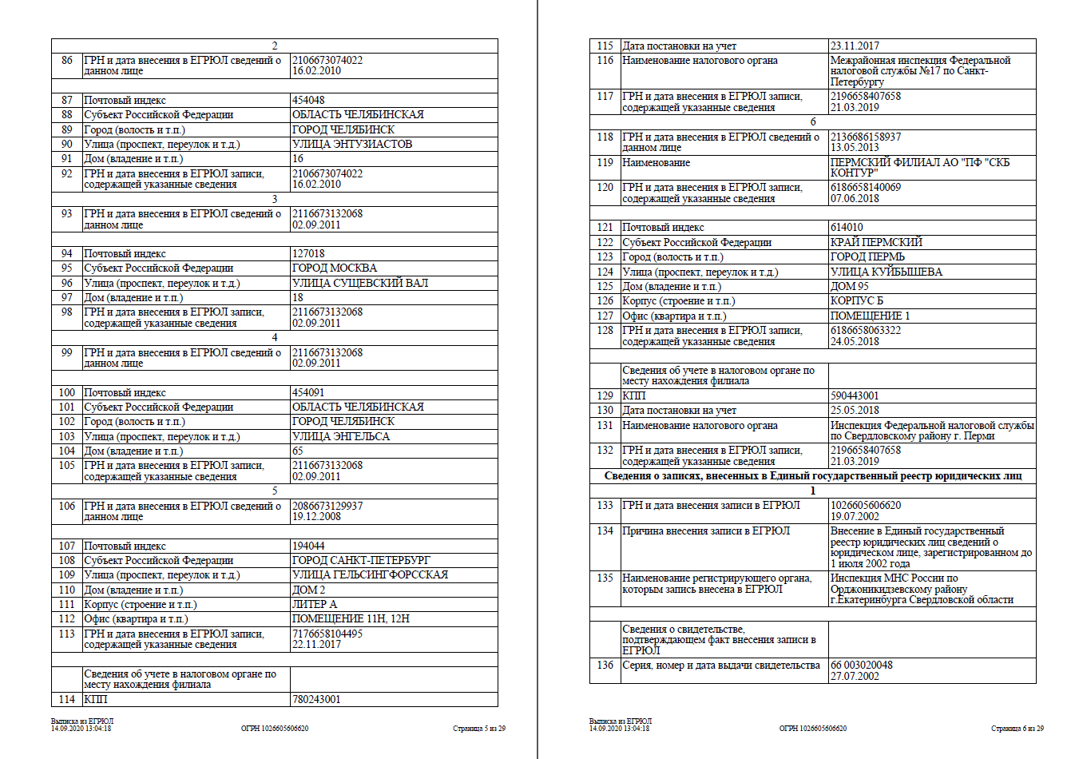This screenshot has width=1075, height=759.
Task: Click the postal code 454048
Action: (308, 100)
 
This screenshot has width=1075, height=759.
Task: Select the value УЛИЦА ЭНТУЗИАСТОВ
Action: (352, 144)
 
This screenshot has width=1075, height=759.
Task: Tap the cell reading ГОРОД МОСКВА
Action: (335, 268)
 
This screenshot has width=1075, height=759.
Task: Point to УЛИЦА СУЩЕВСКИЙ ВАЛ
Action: (360, 283)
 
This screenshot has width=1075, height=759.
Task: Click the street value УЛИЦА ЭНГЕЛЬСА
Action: (341, 436)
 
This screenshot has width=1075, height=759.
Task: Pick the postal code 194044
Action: (308, 546)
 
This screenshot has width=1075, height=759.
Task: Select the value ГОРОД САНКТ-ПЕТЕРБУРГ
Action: (361, 560)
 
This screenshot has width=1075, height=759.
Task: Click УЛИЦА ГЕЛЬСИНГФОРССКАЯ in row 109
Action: (370, 574)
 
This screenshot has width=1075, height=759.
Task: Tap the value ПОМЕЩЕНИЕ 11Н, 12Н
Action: (351, 618)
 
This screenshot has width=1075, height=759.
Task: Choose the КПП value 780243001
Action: (316, 699)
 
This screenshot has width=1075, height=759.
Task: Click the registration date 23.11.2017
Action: (855, 46)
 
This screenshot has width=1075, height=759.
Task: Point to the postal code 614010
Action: (847, 227)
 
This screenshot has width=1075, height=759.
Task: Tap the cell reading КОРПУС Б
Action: (857, 300)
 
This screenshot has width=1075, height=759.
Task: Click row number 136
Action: (605, 665)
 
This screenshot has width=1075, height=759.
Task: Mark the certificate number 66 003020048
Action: (862, 665)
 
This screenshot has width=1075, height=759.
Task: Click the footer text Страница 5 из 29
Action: (479, 729)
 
